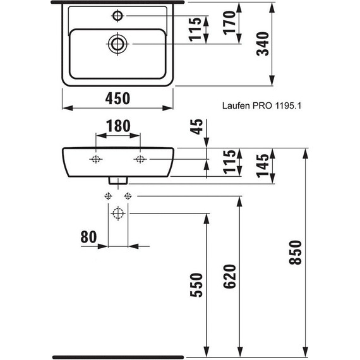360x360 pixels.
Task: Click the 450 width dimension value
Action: point(117,99)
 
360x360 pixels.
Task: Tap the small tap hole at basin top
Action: point(117,15)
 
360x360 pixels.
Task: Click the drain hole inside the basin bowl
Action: point(117,44)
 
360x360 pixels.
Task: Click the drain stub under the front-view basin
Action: point(117,181)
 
